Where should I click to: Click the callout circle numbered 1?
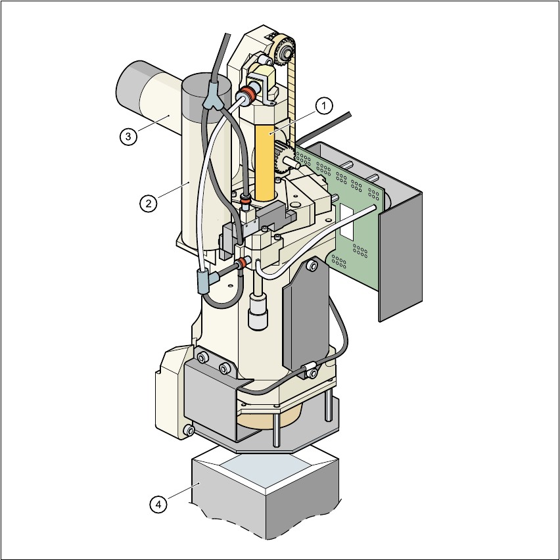point(324,106)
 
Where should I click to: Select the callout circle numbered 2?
point(148,203)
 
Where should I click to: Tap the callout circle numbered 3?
point(128,137)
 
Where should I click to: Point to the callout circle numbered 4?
point(158,505)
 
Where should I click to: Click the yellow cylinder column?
point(265,162)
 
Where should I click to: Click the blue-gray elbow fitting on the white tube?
point(207,281)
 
